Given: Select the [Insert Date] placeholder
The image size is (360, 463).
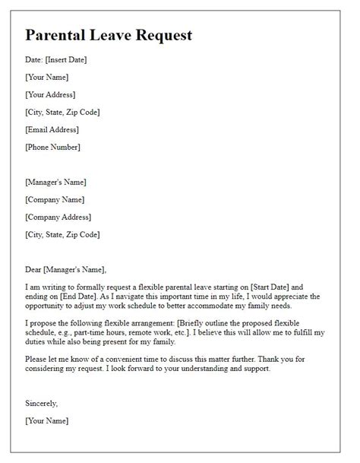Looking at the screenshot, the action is (x=72, y=59).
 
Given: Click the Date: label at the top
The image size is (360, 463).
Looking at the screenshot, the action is (x=34, y=59).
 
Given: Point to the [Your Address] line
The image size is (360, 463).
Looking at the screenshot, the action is (x=50, y=95).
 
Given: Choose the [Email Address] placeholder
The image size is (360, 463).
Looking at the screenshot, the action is (x=52, y=130).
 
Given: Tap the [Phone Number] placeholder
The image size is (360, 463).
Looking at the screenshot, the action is (x=52, y=147).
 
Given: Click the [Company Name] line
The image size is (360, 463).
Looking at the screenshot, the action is (x=55, y=200).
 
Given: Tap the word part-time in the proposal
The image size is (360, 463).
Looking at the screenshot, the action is (x=96, y=333).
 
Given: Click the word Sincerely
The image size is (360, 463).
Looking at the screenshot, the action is (x=41, y=404).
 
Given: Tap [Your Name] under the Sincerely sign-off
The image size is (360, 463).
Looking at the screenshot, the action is (x=46, y=420).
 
